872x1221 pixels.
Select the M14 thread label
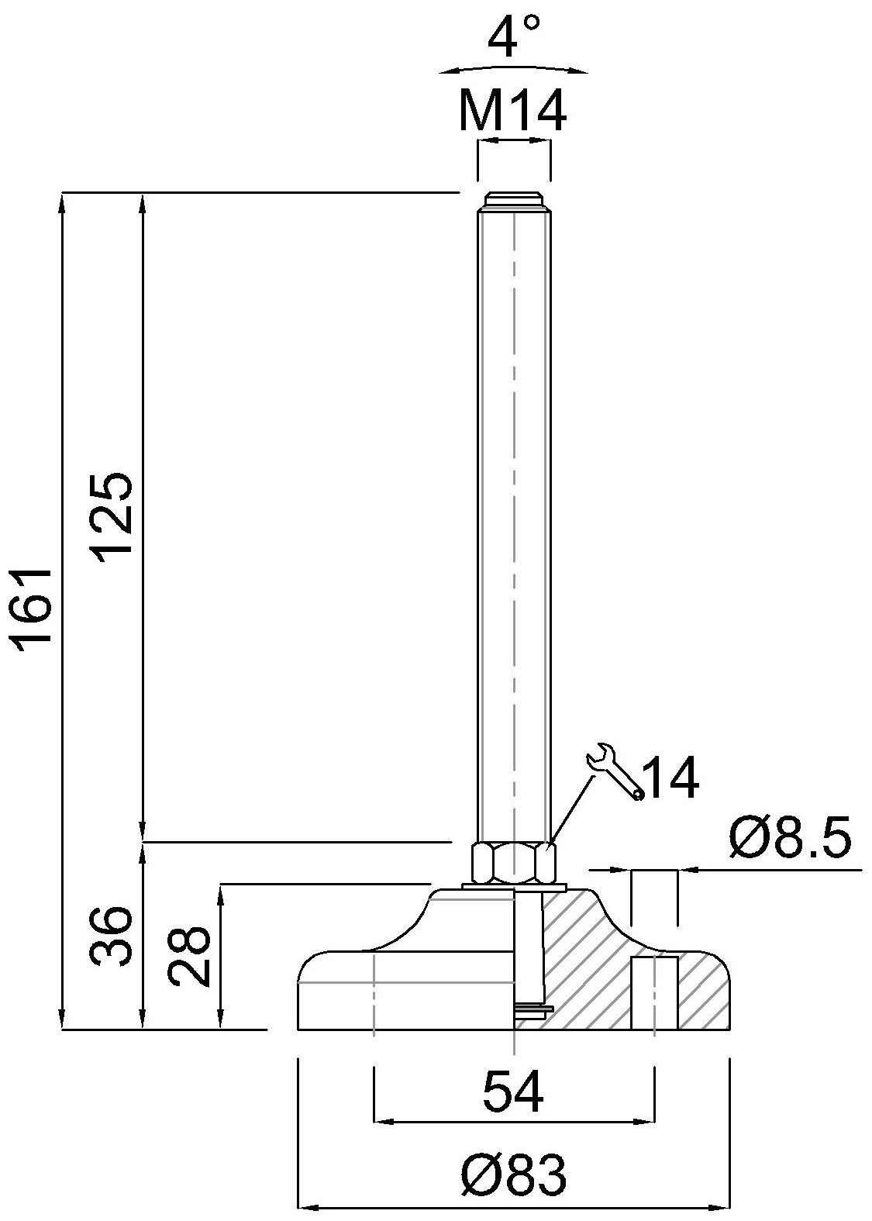click(512, 112)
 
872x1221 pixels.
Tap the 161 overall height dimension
click(36, 605)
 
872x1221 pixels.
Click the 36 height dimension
click(109, 936)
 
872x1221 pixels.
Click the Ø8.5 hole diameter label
click(790, 840)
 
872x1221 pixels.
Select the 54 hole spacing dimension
click(513, 1092)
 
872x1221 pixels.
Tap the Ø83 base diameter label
click(513, 1175)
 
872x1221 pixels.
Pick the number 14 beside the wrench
click(670, 778)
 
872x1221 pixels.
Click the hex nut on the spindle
click(513, 862)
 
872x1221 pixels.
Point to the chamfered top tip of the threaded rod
click(513, 199)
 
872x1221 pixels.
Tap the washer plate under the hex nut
click(513, 886)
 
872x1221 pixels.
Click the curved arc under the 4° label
click(512, 67)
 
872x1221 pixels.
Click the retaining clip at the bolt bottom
click(532, 1008)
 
